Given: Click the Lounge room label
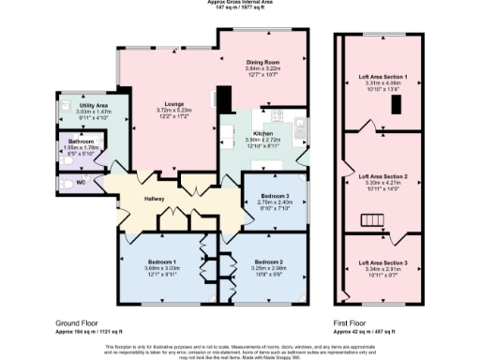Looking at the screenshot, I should (174, 103).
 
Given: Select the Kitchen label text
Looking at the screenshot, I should (262, 134).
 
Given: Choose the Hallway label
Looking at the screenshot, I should (155, 199).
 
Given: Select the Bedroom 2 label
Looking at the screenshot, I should (268, 261).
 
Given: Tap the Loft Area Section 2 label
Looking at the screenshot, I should (382, 176).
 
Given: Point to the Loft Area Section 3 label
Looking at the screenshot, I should (382, 262).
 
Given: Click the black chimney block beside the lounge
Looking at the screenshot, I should (224, 99).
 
